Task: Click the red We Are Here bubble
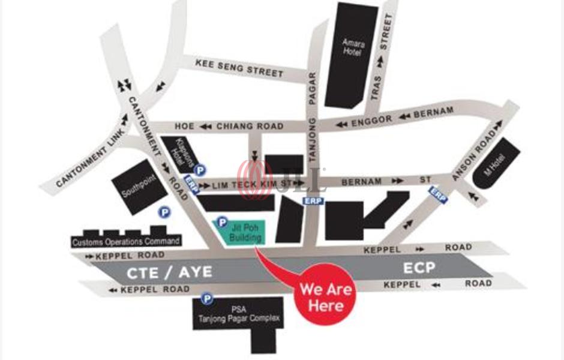coord(326,297)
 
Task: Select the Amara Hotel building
coord(353,51)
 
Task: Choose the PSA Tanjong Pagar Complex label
coord(239,316)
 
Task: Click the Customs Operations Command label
coord(125,242)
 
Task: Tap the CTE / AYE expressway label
coord(169,272)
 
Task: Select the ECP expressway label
coord(419,268)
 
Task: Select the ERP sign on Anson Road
coord(439,194)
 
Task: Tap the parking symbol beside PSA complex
coord(207,298)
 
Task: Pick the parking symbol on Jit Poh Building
coord(221,223)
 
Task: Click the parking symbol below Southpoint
coord(163,212)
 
